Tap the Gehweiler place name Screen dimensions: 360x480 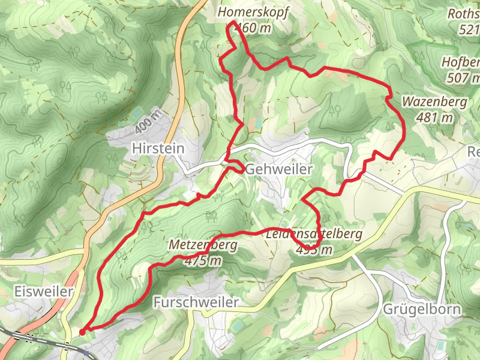tap(278, 170)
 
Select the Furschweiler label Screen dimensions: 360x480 tap(196, 302)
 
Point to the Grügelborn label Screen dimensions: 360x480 tap(422, 310)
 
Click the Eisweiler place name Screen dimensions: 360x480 tap(43, 292)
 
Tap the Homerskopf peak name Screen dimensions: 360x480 tap(248, 13)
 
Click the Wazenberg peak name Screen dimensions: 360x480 tap(435, 102)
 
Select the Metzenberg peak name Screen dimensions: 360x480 tap(203, 245)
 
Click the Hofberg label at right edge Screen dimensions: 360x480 tap(461, 62)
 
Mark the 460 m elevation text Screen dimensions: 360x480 tap(254, 28)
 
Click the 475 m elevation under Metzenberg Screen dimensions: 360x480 tap(203, 261)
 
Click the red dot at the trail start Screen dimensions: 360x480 tap(82, 331)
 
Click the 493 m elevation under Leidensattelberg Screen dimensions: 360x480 tap(313, 250)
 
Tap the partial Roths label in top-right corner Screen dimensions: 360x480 tap(464, 13)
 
